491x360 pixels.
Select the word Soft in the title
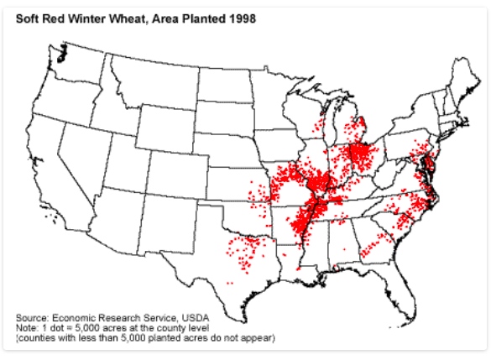point(29,18)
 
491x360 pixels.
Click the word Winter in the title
point(86,18)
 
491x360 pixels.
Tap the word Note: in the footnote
point(27,328)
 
